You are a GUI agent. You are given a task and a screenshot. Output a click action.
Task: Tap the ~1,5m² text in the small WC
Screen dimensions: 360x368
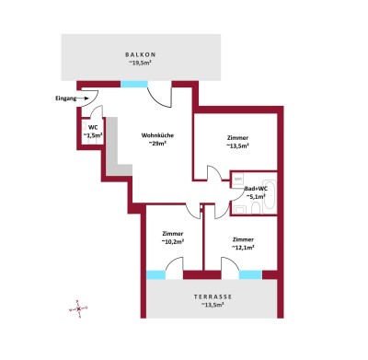coord(92,136)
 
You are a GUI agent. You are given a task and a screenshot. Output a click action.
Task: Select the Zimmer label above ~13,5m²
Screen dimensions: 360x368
coord(237,137)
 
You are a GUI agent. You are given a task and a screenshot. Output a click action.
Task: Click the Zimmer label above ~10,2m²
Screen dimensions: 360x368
coord(172,234)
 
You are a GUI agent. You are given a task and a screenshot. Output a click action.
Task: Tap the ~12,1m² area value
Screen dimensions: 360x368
coord(243,247)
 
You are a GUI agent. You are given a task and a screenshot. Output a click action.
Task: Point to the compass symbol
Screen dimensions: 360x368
coord(79,308)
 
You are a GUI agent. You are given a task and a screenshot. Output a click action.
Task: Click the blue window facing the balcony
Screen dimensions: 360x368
coord(133,84)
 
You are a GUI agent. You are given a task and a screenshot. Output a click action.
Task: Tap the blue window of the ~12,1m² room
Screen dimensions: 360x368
coord(249,274)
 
